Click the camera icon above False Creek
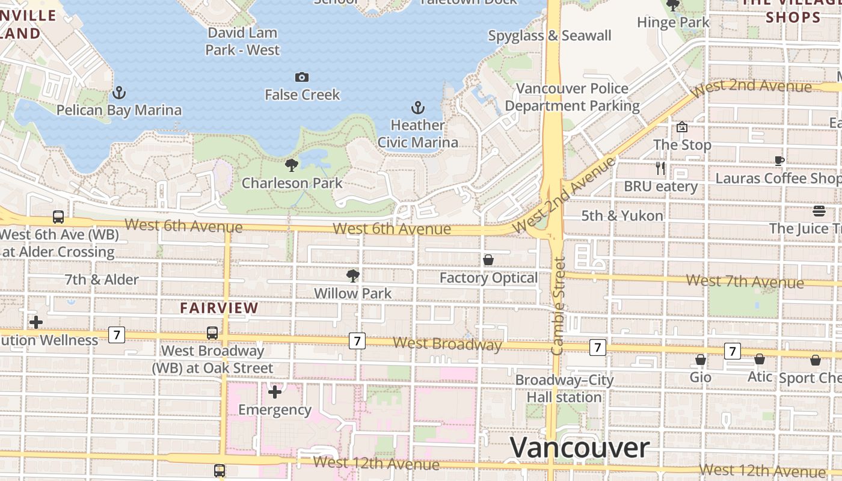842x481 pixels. (x=302, y=77)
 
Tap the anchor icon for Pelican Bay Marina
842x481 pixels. (x=119, y=93)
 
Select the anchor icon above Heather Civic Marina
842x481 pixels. (x=417, y=108)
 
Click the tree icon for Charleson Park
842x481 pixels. (x=292, y=165)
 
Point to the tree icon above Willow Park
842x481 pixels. (x=353, y=276)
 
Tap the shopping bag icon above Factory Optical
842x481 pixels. (x=488, y=260)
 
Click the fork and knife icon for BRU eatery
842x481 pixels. (x=660, y=168)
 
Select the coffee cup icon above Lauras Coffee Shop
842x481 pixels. (x=779, y=161)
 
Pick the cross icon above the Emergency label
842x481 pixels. (x=275, y=392)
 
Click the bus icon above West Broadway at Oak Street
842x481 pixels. (x=212, y=332)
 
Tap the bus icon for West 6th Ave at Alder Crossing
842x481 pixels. (x=58, y=216)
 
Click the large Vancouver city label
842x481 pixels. (x=580, y=448)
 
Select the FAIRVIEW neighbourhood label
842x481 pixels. (x=219, y=308)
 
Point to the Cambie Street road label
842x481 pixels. (x=559, y=305)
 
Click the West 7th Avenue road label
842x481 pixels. (x=745, y=281)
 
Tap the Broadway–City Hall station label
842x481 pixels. (x=564, y=388)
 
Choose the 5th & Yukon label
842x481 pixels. (x=622, y=215)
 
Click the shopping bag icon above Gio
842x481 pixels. (x=700, y=360)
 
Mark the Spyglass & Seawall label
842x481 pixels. (x=549, y=36)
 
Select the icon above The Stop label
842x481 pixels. (x=682, y=127)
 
